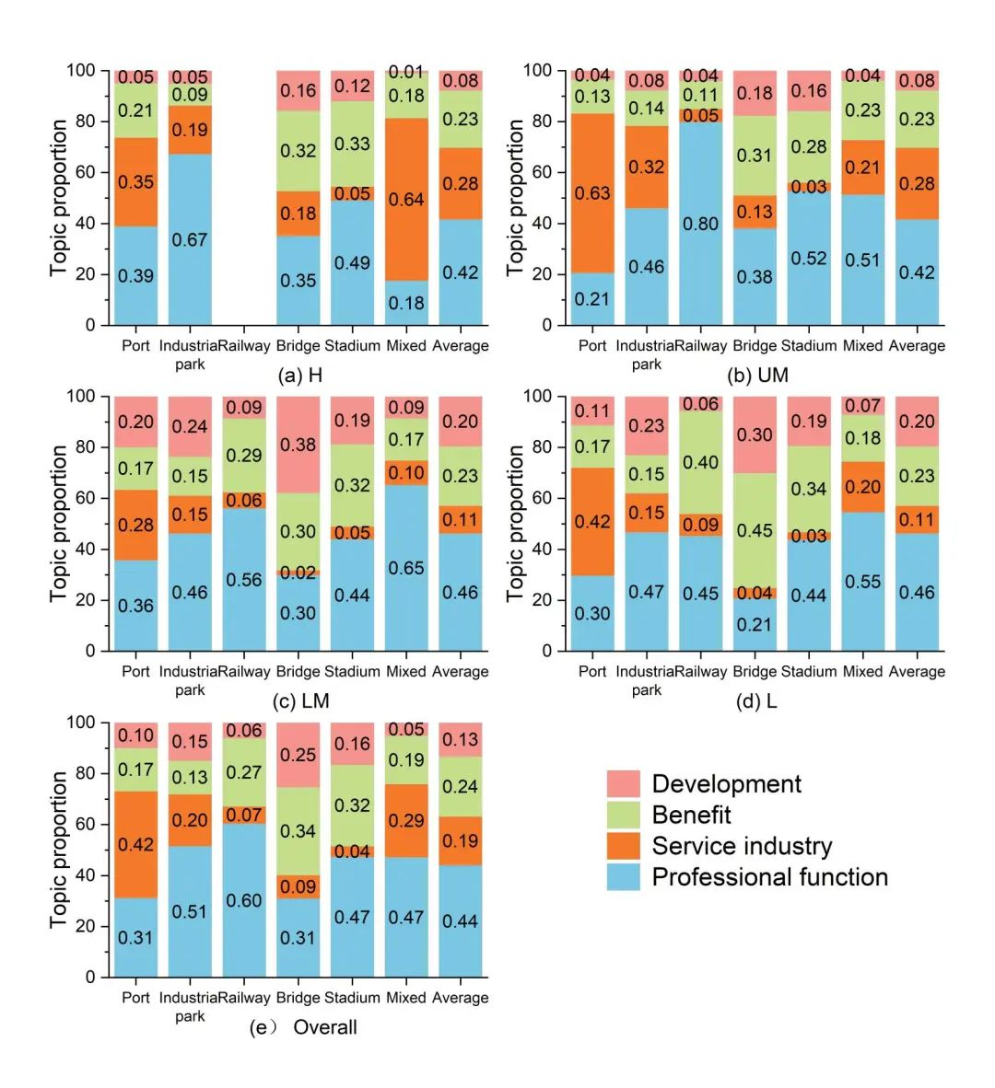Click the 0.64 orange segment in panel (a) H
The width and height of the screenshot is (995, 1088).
tap(406, 199)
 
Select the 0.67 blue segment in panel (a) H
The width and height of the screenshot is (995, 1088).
tap(190, 239)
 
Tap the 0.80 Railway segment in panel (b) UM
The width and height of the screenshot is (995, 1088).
tap(700, 223)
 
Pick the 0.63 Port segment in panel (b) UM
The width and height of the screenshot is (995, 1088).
tap(592, 193)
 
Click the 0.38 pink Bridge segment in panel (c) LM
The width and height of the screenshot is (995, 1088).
tap(298, 445)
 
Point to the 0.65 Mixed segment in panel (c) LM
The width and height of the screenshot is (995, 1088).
tap(406, 568)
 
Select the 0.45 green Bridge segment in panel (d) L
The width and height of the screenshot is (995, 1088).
tap(755, 530)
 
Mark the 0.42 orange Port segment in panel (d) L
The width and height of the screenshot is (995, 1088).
tap(592, 521)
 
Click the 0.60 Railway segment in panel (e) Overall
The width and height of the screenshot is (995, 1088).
tap(244, 900)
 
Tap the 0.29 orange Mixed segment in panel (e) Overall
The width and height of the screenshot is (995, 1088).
tap(406, 820)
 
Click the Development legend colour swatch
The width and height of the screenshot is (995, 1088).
tap(623, 784)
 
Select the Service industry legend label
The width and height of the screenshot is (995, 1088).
tap(742, 846)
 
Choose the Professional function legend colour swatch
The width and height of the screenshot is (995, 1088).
tap(623, 876)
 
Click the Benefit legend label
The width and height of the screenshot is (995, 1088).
tap(691, 815)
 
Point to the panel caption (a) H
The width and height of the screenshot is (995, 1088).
tap(300, 376)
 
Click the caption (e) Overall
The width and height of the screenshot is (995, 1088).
tap(303, 1027)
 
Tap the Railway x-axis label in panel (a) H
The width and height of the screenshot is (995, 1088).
tap(244, 346)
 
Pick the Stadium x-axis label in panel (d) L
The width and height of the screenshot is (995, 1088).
tap(809, 672)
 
